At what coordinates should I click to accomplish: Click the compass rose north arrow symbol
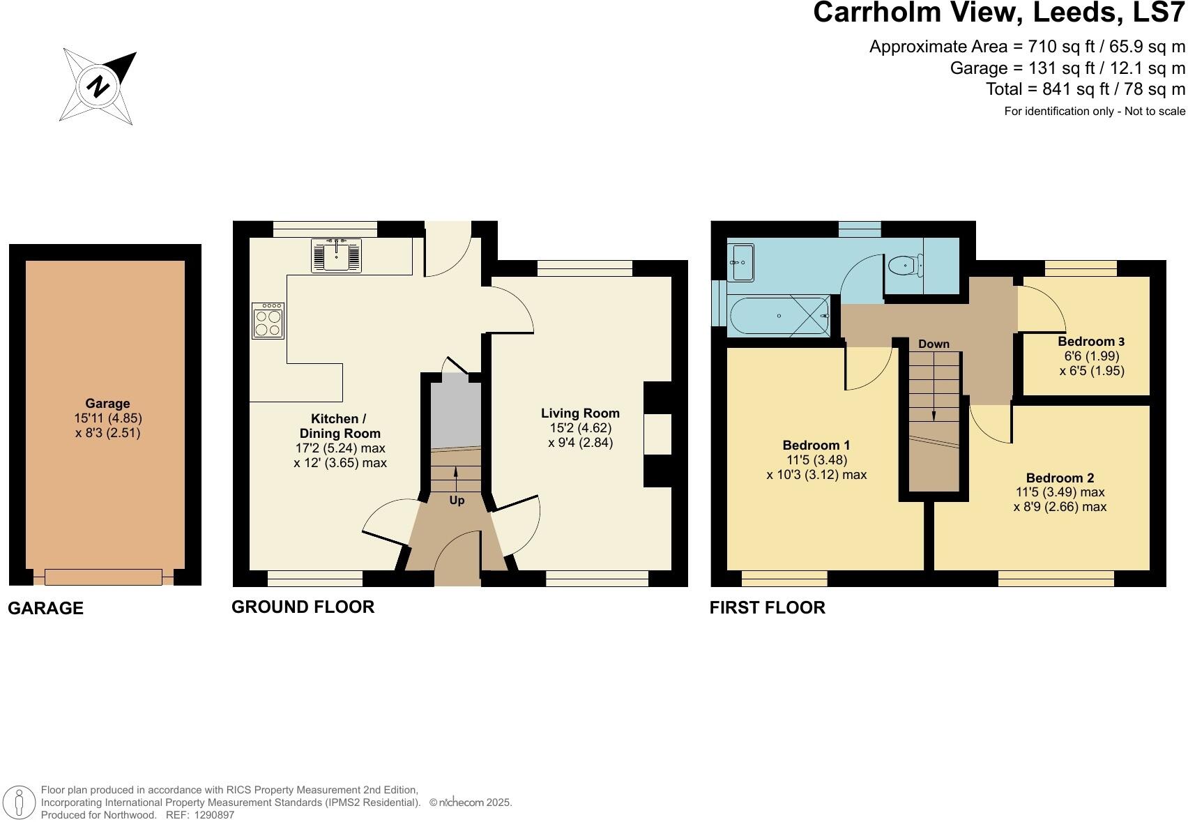click(x=98, y=86)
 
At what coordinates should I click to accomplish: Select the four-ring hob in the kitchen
click(x=268, y=321)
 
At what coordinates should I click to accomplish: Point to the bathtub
click(x=779, y=316)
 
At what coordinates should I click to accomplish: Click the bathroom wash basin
click(x=740, y=263)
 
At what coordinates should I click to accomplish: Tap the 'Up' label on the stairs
click(x=457, y=500)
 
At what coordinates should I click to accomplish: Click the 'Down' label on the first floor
click(x=934, y=344)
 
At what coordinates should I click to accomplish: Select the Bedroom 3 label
click(x=1091, y=342)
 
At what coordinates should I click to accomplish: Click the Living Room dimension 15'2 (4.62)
click(x=580, y=428)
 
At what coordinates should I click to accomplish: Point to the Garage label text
click(x=107, y=403)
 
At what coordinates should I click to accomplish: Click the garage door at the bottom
click(x=103, y=577)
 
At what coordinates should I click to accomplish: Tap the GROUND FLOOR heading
click(x=303, y=607)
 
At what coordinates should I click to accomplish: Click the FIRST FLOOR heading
click(x=767, y=608)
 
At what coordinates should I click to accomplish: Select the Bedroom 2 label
click(x=1060, y=478)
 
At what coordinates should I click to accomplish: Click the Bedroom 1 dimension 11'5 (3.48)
click(x=816, y=460)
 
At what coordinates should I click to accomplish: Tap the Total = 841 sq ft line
click(x=1085, y=89)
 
